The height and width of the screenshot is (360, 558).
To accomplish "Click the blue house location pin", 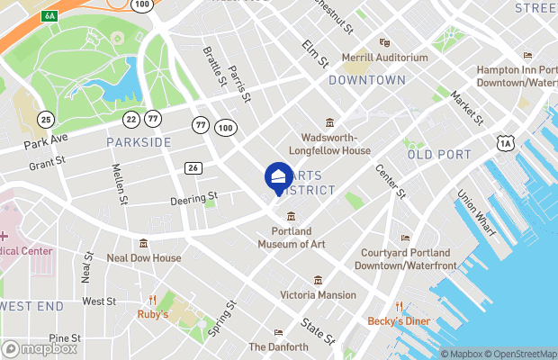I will point(277,176).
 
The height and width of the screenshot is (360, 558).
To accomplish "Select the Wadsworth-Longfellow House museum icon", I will point(330,122).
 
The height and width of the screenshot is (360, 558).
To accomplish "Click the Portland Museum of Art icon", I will point(292,216).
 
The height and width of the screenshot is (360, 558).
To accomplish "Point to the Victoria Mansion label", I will point(318,294).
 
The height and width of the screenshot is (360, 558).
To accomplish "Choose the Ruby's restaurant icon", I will point(154,301).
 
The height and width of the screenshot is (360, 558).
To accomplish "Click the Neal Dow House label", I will point(144,257).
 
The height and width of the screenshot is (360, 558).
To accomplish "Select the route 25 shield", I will point(46,119).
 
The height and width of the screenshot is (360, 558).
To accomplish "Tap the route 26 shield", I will point(193,167).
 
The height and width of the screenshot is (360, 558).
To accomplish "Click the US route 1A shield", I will point(506,141).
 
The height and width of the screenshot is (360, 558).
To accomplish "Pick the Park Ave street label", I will point(47,143).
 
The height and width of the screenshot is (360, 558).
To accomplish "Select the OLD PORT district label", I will point(439,155).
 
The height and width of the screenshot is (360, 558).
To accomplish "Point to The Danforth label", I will point(278,346).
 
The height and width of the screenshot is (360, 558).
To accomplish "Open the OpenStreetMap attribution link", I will point(516,354).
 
